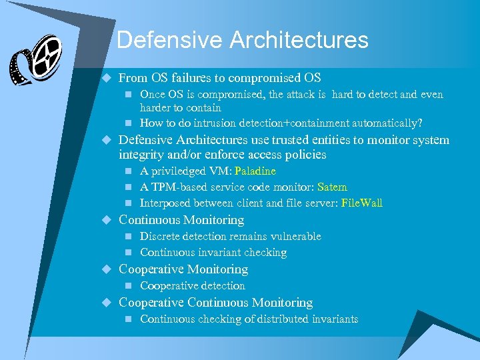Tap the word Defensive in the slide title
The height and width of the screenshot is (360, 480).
point(170,40)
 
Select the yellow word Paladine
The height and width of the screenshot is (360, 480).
point(255,171)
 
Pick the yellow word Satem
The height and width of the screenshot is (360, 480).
point(332,187)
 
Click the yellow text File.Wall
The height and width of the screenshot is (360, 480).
point(361,203)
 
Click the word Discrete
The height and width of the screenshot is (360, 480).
point(159,237)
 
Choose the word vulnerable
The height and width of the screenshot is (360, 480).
point(295,237)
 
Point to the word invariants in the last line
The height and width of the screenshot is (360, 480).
point(335,319)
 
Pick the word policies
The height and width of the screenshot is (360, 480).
point(305,155)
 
